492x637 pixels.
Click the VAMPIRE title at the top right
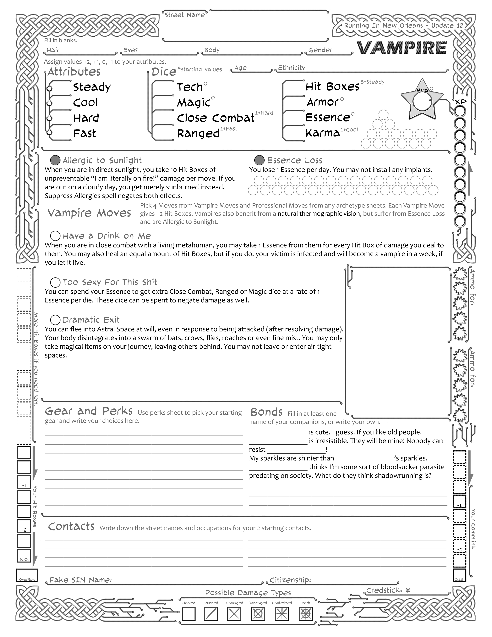(x=402, y=48)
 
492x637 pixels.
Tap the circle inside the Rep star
(x=422, y=101)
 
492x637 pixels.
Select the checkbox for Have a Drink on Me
(x=55, y=236)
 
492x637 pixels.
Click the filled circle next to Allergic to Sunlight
(x=55, y=160)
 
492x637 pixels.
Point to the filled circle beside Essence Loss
(x=259, y=160)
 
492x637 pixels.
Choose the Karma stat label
(x=323, y=133)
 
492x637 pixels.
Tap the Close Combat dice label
(x=216, y=118)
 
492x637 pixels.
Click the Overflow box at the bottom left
(x=27, y=575)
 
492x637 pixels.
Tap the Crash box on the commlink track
(x=459, y=575)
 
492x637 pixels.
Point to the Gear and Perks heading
(x=89, y=411)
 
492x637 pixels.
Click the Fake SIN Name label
(x=81, y=580)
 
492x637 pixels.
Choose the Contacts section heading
(x=71, y=526)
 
